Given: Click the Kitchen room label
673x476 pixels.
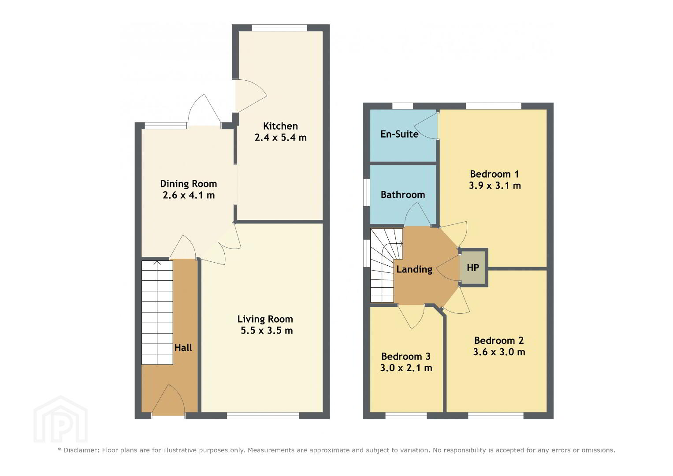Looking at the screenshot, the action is pos(280,126).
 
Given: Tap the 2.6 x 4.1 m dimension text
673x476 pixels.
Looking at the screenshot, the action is pos(189,195).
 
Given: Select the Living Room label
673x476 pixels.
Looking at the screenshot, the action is pos(265,319).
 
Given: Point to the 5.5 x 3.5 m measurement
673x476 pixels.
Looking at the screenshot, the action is pos(267,331).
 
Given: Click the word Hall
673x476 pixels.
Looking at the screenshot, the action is pos(183,348).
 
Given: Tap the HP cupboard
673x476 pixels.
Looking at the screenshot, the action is pos(472,268).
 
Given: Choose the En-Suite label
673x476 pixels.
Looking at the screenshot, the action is pos(399,134).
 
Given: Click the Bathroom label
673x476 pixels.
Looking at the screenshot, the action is pos(402,195).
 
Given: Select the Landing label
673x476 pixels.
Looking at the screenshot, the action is pos(414,269).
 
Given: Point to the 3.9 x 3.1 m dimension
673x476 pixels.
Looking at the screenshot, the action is pos(495,186).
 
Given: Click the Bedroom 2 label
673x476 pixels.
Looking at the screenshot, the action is pos(499,340).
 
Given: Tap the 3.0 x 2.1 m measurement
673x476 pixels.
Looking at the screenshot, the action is pos(406,368).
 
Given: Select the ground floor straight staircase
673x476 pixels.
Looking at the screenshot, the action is pos(157,312).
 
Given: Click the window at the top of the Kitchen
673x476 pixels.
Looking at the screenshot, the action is pos(279,28).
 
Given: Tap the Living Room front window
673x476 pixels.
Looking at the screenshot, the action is pos(263,416).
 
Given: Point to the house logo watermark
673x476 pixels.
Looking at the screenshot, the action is pos(60,419).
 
